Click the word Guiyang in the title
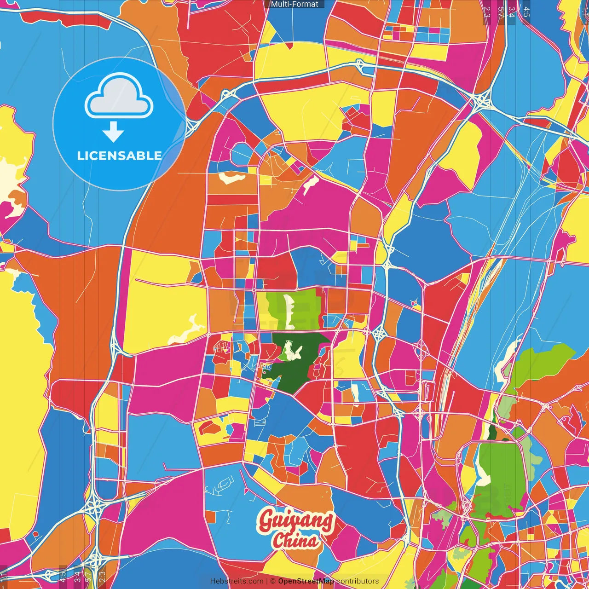coord(296,521)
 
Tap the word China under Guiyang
coord(295,540)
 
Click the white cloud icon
coord(119,97)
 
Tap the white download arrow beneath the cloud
coord(113,132)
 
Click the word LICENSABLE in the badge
coord(119,156)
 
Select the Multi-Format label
coord(294,4)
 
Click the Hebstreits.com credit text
coord(237,581)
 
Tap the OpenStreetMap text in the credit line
coord(306,581)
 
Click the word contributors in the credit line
coord(358,581)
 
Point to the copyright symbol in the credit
coord(272,581)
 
